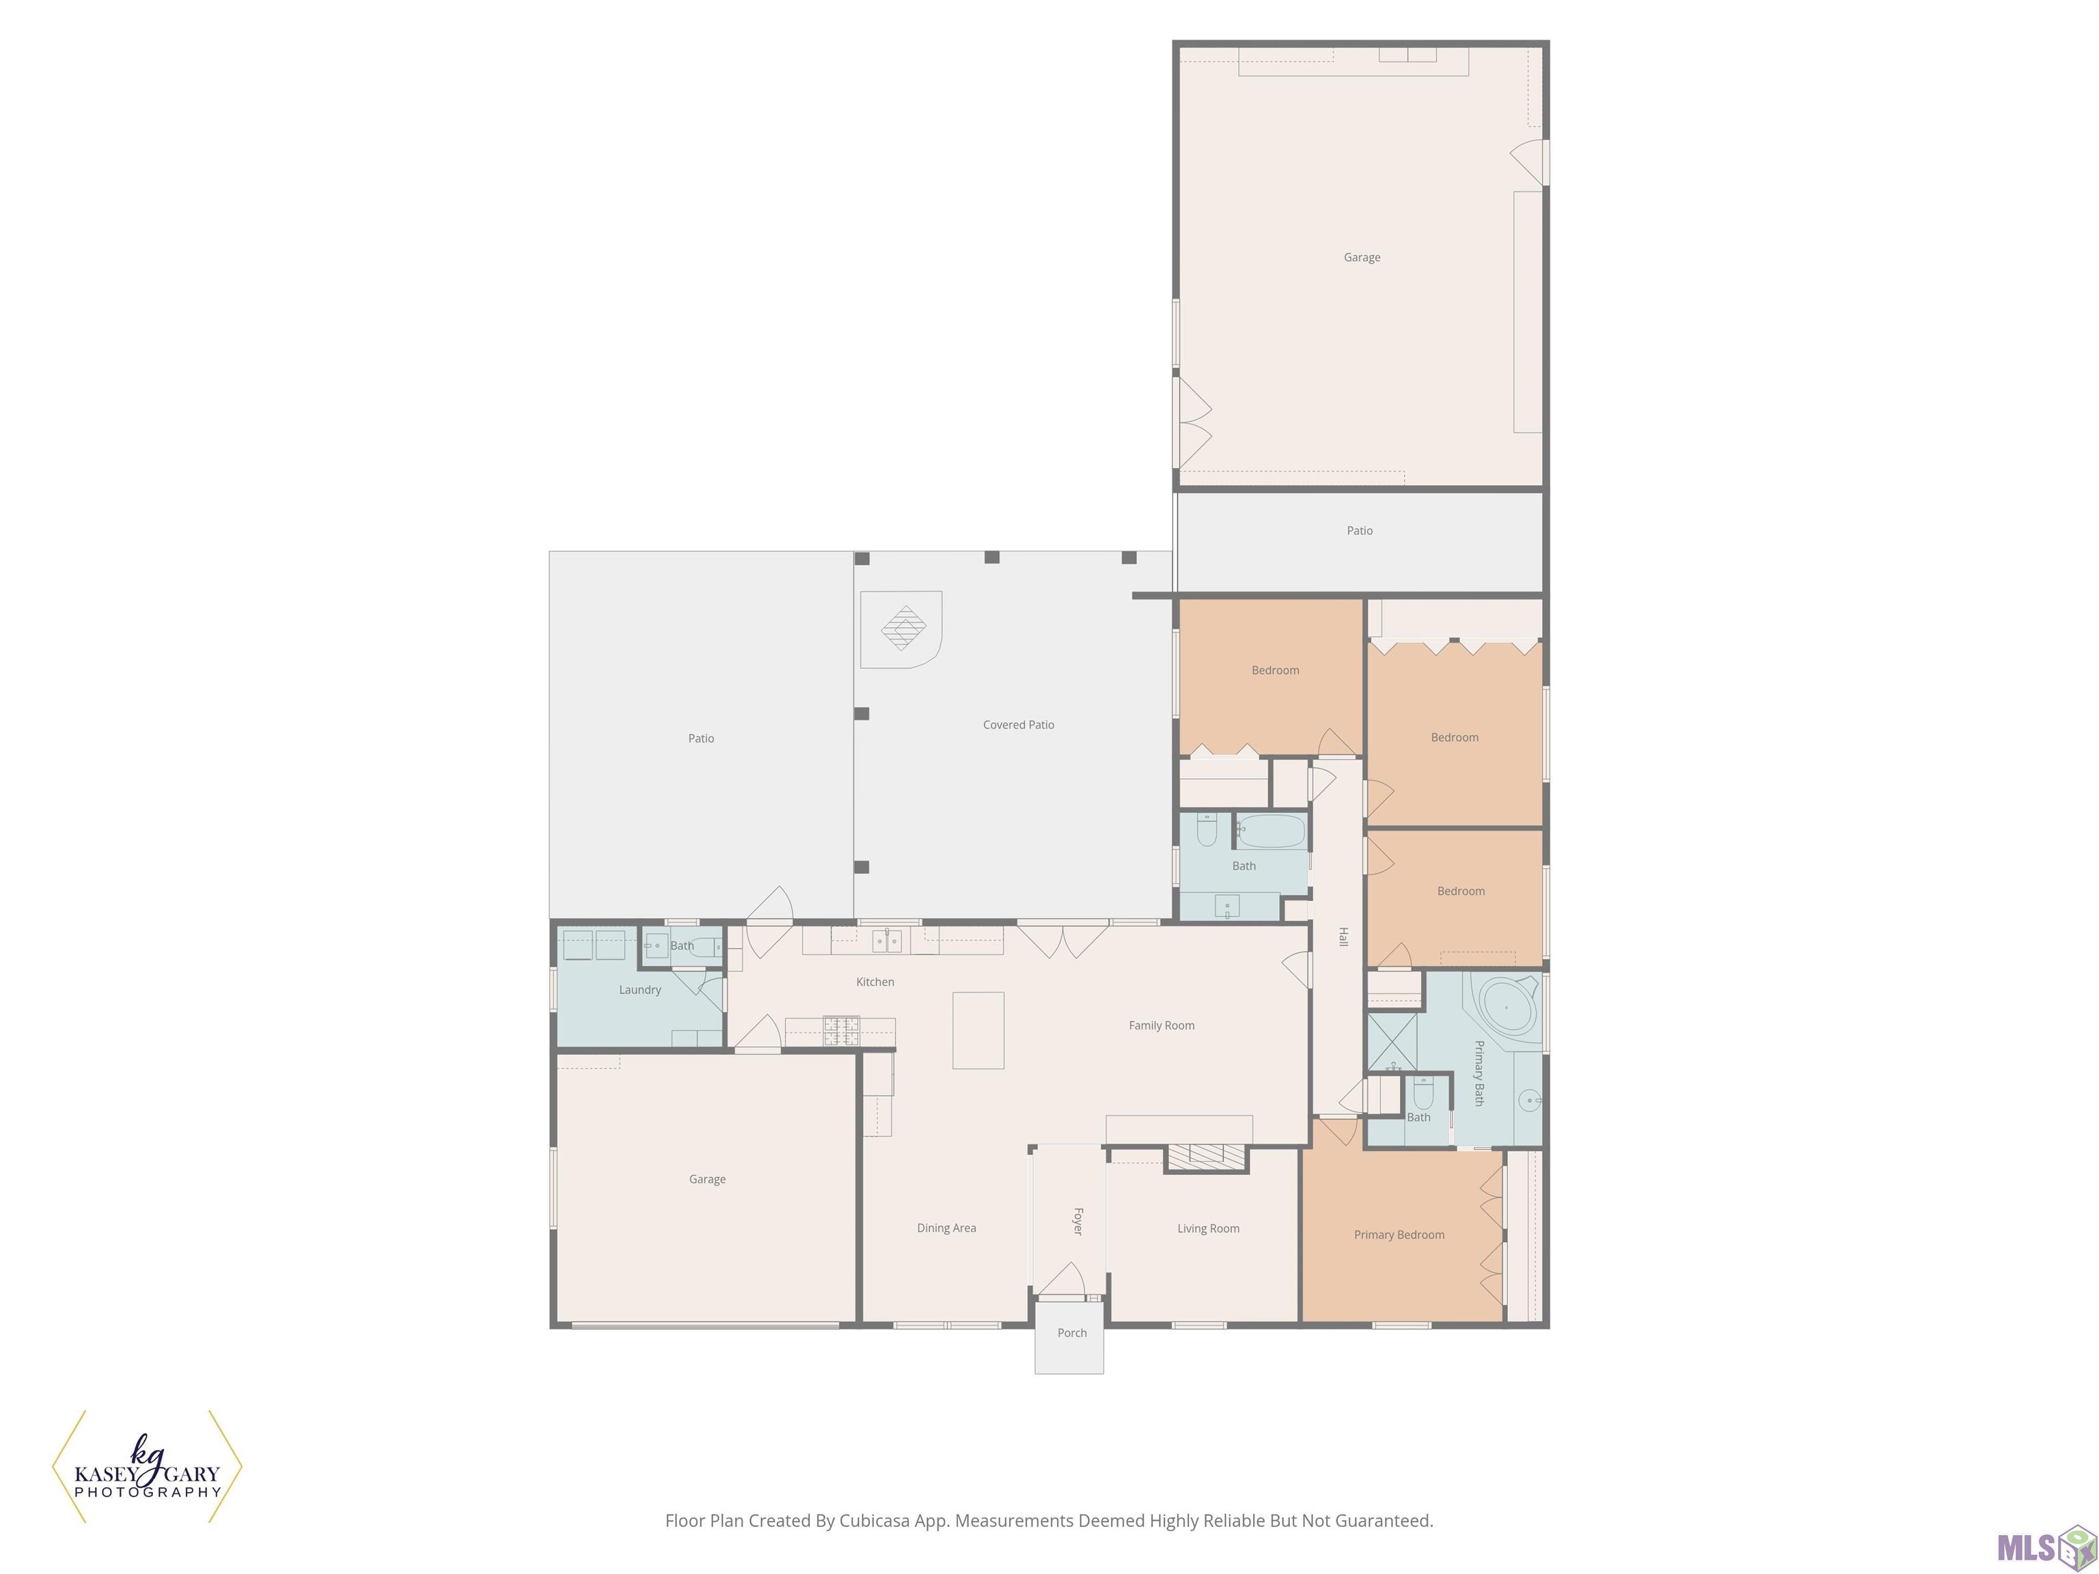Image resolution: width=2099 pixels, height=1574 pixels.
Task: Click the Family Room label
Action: coord(1162,1025)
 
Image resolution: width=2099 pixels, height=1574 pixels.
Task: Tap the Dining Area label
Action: coord(946,1228)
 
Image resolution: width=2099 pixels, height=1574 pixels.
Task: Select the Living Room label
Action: coord(1208,1228)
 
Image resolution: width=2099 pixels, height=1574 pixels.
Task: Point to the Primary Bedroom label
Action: coord(1399,1234)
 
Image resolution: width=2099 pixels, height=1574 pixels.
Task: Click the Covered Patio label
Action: coord(1018,725)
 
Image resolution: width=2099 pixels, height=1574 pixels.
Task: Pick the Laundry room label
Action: coord(640,990)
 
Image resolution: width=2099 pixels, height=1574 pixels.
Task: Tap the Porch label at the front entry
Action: coord(1072,1333)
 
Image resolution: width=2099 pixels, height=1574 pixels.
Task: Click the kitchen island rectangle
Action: coord(978,1030)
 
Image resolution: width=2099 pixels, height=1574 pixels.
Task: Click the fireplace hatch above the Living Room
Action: coord(1206,1155)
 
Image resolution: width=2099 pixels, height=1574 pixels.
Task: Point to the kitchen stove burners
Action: coord(840,1032)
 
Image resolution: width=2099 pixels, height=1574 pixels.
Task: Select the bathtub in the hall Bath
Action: coord(1271,831)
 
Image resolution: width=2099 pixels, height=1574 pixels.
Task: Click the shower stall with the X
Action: coord(1392,1042)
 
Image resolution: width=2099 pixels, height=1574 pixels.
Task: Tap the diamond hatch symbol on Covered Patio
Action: coord(905,628)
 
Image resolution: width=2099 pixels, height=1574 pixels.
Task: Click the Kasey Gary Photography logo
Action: coord(147,1467)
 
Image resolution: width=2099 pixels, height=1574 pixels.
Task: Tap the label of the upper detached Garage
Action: coord(1362,257)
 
